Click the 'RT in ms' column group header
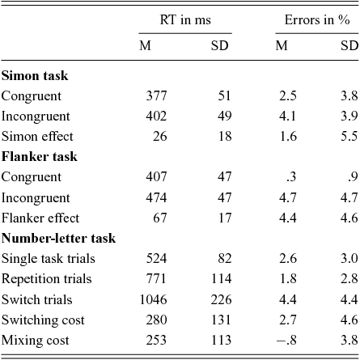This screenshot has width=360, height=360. pos(185,20)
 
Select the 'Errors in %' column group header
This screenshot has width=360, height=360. pos(317,20)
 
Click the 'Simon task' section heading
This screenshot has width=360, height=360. pos(35,75)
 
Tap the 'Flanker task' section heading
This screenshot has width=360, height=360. pos(40,157)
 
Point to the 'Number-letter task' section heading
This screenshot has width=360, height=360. pos(58,238)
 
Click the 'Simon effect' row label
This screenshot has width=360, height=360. pos(37,136)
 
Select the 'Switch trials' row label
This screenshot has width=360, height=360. pos(37,299)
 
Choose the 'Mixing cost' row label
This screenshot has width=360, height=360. pos(36,340)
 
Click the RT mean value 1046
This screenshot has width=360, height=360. pos(154,299)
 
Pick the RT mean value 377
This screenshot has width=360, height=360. pos(156,95)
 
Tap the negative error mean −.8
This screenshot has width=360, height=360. pos(286,340)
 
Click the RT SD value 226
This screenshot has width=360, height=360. pos(221,299)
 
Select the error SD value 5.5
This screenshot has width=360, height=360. pos(349,136)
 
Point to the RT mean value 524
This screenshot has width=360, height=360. pos(156,258)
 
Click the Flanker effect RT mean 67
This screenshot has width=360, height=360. pos(160,218)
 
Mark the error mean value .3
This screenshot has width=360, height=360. pos(291,177)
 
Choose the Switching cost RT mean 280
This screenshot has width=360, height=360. pos(156,320)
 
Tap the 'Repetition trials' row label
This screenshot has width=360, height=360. pos(46,279)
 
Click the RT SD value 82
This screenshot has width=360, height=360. pos(225,258)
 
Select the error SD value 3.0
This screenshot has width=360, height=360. pos(349,258)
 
